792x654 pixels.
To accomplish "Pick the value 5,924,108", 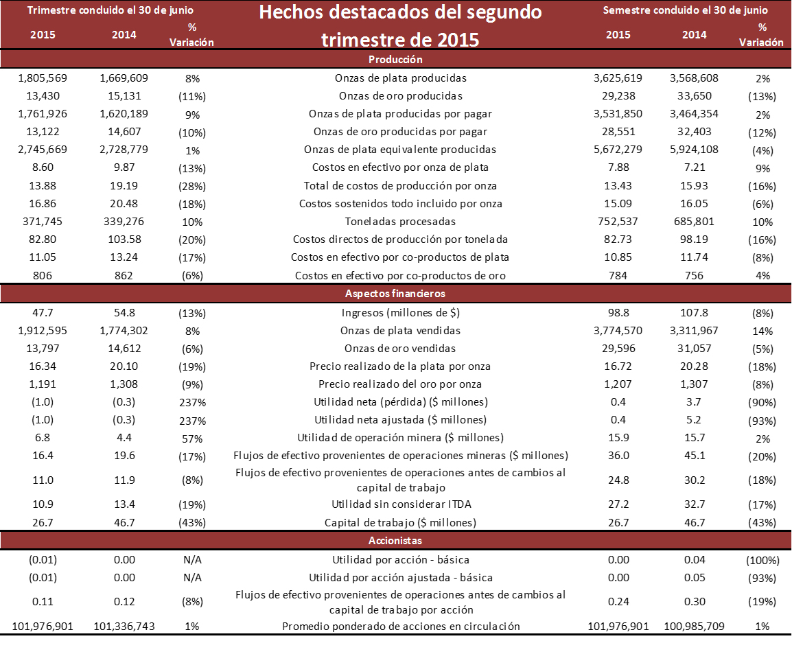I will click(694, 150).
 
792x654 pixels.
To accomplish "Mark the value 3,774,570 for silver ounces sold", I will click(618, 331).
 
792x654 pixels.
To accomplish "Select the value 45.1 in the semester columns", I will click(694, 456).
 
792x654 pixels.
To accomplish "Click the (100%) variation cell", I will click(761, 561).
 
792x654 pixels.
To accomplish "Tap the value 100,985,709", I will click(694, 627).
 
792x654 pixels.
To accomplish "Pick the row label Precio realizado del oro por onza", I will click(400, 384).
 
